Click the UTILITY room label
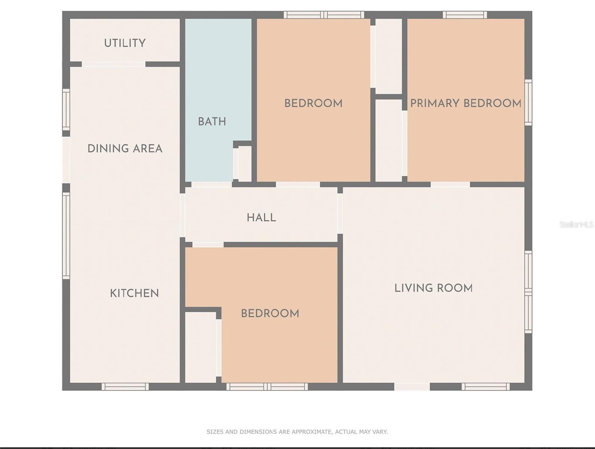125,43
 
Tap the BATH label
212,122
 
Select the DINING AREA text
125,149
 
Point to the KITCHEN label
135,293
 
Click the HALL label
261,218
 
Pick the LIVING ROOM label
433,288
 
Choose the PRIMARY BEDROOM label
466,103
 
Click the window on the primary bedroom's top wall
465,15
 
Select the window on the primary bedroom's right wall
528,103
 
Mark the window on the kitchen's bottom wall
125,387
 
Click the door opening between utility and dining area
114,64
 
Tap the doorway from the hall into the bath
212,184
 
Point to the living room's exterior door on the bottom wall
412,387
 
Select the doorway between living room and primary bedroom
450,184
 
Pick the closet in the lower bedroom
200,348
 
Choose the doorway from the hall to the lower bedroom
208,245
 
